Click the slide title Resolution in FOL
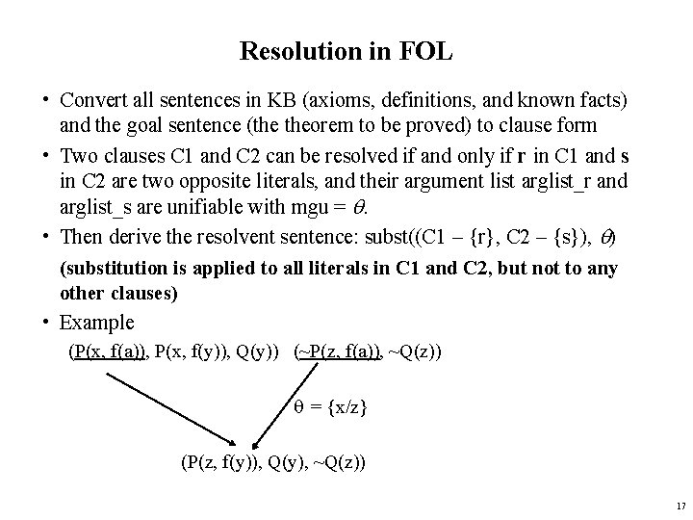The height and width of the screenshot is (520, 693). (346, 52)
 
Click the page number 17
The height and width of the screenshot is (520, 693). (680, 506)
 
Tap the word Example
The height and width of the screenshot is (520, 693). (96, 323)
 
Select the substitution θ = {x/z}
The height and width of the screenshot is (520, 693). (330, 407)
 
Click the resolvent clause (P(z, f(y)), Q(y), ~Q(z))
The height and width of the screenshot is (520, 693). (273, 463)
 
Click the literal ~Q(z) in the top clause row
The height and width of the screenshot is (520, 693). (415, 351)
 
